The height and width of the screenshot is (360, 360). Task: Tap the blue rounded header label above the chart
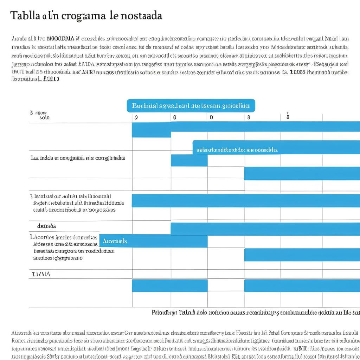[191, 105]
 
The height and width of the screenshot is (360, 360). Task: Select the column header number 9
[136, 117]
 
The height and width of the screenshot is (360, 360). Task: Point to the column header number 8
[249, 117]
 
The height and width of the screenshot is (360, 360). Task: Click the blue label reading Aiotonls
[115, 241]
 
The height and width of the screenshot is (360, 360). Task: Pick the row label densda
[46, 226]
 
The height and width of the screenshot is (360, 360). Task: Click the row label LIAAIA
[41, 274]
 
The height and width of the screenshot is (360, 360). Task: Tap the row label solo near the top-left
[44, 118]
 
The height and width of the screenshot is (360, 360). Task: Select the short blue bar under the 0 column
[189, 160]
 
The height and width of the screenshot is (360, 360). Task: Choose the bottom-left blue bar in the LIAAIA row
[169, 285]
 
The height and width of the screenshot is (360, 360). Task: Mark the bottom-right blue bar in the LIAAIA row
[302, 285]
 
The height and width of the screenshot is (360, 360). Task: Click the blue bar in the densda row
[265, 229]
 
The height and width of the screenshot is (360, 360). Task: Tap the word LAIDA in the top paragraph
[86, 64]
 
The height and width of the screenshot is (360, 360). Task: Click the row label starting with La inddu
[78, 158]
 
